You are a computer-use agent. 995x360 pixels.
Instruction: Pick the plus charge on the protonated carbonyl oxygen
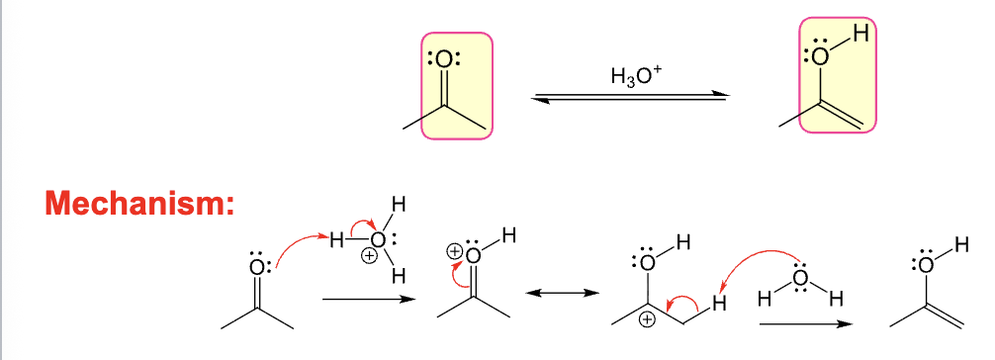click(455, 250)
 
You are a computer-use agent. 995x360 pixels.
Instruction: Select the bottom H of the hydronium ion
click(399, 277)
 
